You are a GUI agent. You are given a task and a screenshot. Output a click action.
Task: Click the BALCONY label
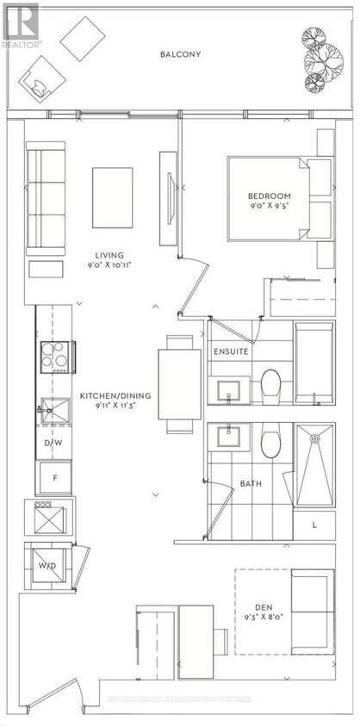coord(180,54)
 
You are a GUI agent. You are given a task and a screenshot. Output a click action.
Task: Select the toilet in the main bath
coord(271,442)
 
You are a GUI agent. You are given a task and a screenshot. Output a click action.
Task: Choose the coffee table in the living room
coord(113,197)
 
